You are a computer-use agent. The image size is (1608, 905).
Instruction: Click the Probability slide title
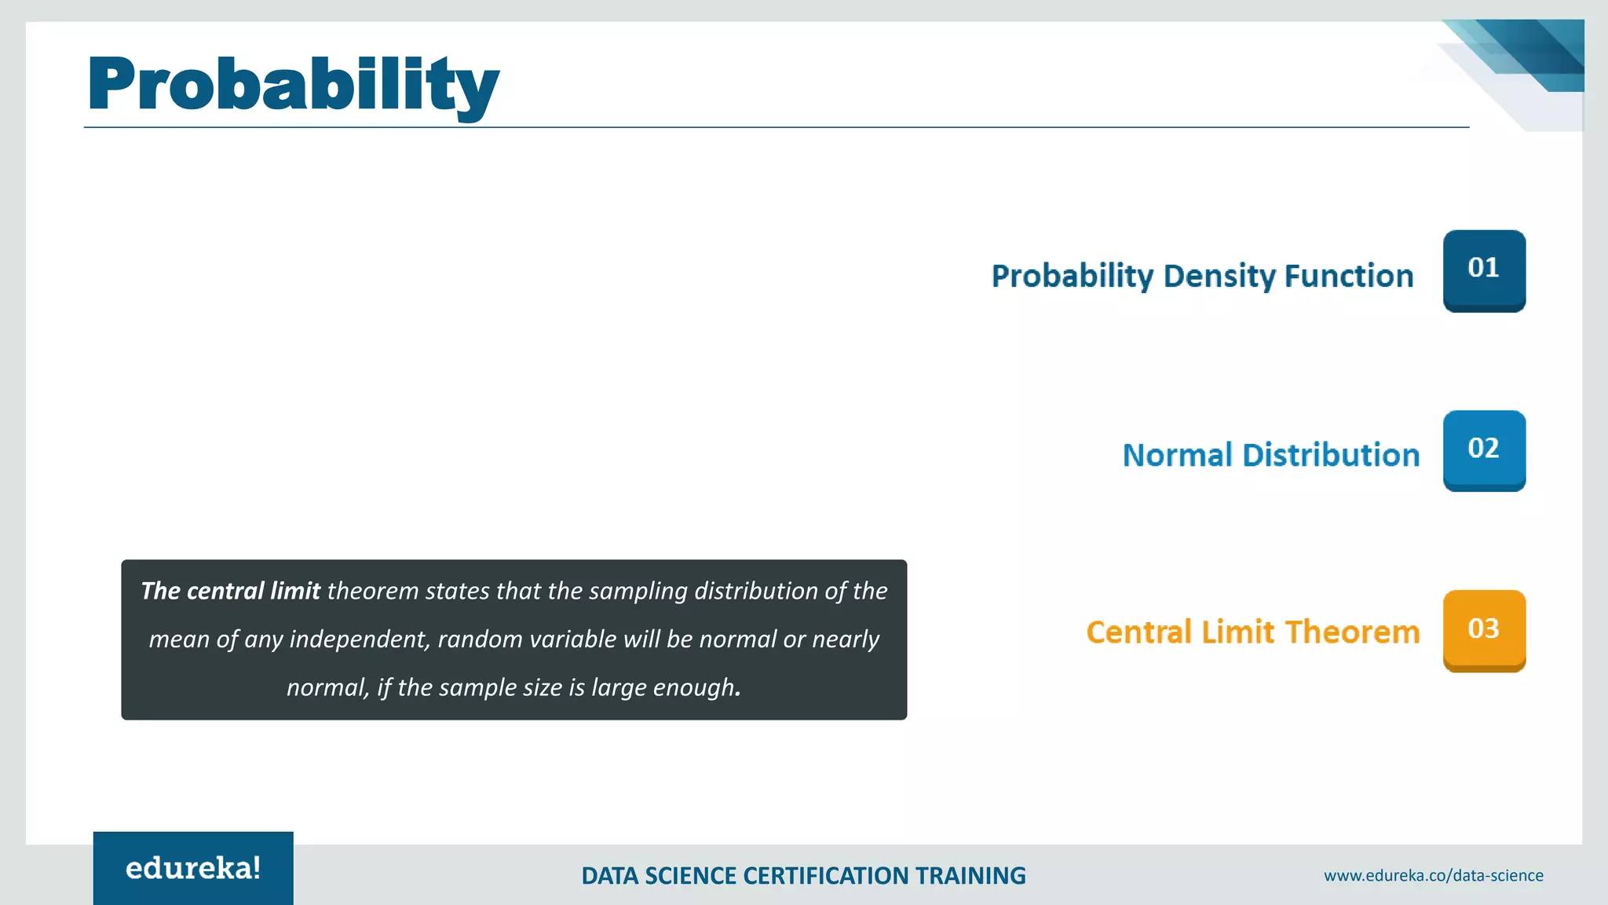(x=293, y=84)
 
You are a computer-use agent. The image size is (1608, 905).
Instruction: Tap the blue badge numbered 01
(x=1483, y=269)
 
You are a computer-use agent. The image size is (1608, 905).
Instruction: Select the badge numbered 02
(x=1483, y=449)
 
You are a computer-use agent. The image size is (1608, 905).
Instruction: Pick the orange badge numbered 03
(x=1483, y=630)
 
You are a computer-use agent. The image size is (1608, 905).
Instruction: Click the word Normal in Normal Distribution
(x=1177, y=456)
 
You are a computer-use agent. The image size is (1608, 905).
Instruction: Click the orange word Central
(x=1138, y=632)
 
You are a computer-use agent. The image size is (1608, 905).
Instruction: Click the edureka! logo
(x=193, y=868)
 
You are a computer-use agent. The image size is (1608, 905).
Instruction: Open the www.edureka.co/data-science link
(x=1433, y=875)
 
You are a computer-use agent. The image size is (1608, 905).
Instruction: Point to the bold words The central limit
(x=230, y=591)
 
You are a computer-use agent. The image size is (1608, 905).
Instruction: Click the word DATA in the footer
(x=609, y=876)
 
